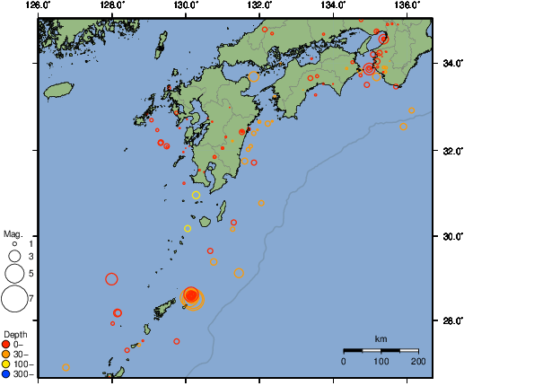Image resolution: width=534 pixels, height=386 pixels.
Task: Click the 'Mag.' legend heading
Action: (12, 232)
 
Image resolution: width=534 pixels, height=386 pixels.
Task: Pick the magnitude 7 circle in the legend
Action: (14, 297)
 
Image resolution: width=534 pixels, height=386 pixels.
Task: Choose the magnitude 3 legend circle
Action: (14, 256)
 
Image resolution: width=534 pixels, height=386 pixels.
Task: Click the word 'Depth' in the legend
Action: (14, 334)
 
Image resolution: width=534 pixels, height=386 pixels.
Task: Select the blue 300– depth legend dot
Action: (7, 373)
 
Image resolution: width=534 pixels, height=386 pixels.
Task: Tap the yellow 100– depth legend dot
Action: (7, 364)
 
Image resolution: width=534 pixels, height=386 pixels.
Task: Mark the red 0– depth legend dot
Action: (7, 344)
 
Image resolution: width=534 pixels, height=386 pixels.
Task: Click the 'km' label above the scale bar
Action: (381, 338)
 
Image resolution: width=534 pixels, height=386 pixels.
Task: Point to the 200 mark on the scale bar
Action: (417, 360)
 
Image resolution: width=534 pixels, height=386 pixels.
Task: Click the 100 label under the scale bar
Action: (381, 360)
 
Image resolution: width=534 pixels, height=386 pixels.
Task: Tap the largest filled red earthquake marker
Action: (191, 295)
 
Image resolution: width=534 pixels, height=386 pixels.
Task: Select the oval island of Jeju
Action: (58, 90)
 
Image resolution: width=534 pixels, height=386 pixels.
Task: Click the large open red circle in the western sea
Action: (111, 279)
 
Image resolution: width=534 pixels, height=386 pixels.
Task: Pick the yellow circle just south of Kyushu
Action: (196, 195)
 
